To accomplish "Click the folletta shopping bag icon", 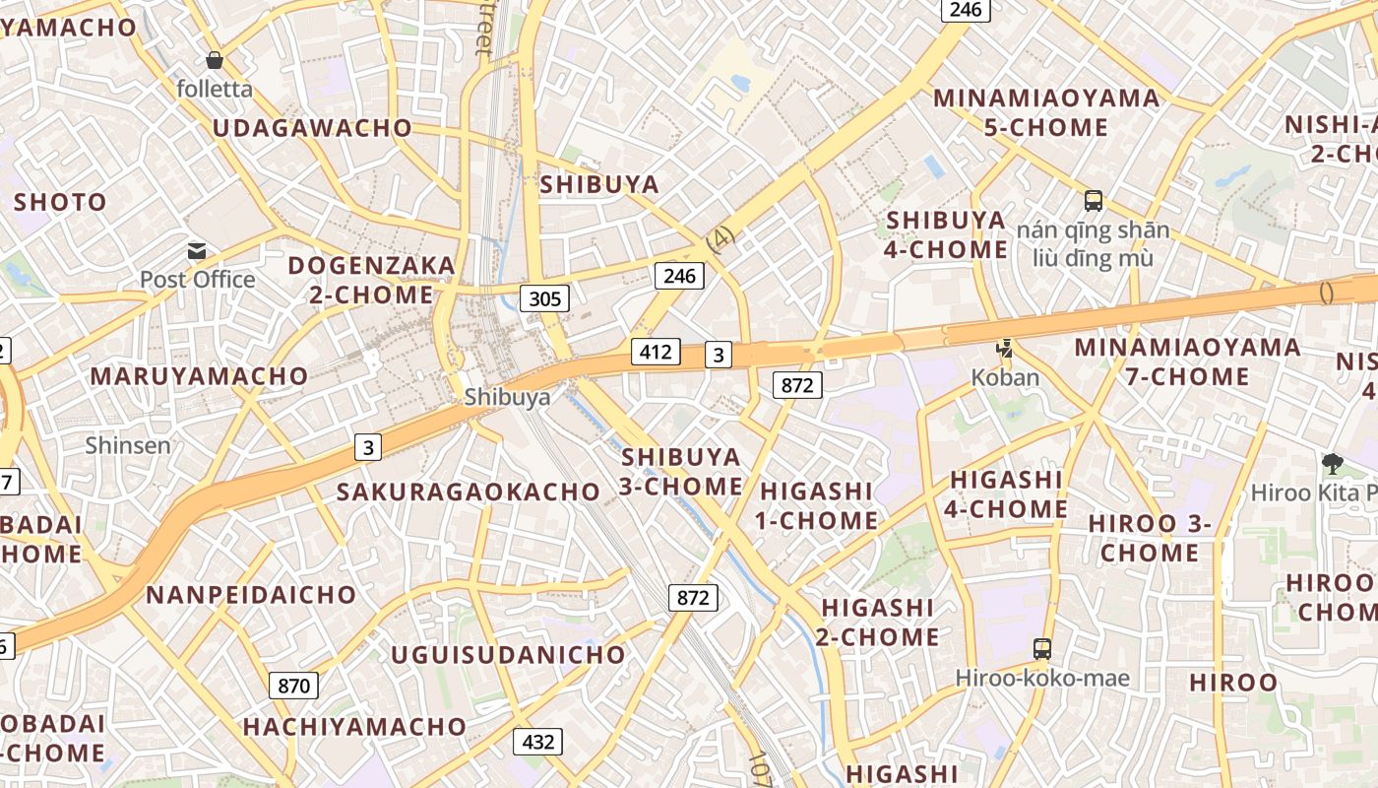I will (x=215, y=61).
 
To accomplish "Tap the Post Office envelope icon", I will (x=197, y=251).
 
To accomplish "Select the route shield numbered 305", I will (x=544, y=298).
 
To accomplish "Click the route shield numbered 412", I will (x=656, y=352).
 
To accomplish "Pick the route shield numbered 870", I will (x=293, y=686).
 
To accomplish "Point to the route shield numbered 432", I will (x=537, y=742).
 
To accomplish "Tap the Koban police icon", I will (x=1005, y=348).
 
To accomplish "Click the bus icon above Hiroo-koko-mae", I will (x=1042, y=648).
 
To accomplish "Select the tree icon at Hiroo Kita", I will (x=1333, y=462).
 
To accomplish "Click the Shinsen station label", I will (x=128, y=445).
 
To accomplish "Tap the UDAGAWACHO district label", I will (x=312, y=128).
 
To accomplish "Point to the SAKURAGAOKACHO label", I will (x=469, y=492).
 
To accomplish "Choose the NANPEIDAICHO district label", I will (x=251, y=595).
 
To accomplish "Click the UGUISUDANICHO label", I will (x=508, y=655).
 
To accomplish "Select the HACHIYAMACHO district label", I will (x=354, y=727).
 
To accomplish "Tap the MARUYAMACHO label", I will (x=199, y=376).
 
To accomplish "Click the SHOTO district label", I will (x=60, y=203).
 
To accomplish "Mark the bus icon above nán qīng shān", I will (x=1093, y=201).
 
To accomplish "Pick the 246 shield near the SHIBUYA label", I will (x=679, y=276).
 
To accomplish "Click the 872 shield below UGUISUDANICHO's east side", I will (x=693, y=597).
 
